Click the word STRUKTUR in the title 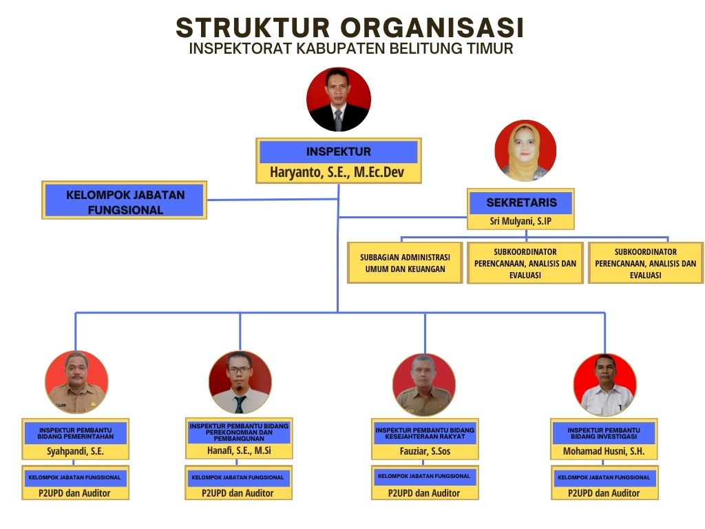coord(253,28)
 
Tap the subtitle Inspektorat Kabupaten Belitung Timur coord(351,49)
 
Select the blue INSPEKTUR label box coord(339,152)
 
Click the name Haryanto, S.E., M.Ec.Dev coord(337,172)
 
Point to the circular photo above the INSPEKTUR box coord(339,99)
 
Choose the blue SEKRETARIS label coord(521,203)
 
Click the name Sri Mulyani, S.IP coord(520,221)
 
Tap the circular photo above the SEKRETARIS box coord(525,151)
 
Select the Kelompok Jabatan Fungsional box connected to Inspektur coord(125,200)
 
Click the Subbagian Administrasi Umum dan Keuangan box coord(405,263)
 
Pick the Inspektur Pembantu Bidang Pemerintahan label coord(76,433)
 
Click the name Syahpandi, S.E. coord(76,451)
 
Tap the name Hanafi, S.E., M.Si coord(239,450)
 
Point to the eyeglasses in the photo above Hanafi coord(240,371)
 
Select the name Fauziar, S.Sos coord(425,451)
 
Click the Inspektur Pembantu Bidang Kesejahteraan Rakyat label coord(425,433)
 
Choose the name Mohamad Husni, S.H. coord(604,451)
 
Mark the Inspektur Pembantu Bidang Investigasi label coord(604,433)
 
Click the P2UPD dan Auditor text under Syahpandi coord(74,493)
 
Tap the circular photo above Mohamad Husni coord(604,385)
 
